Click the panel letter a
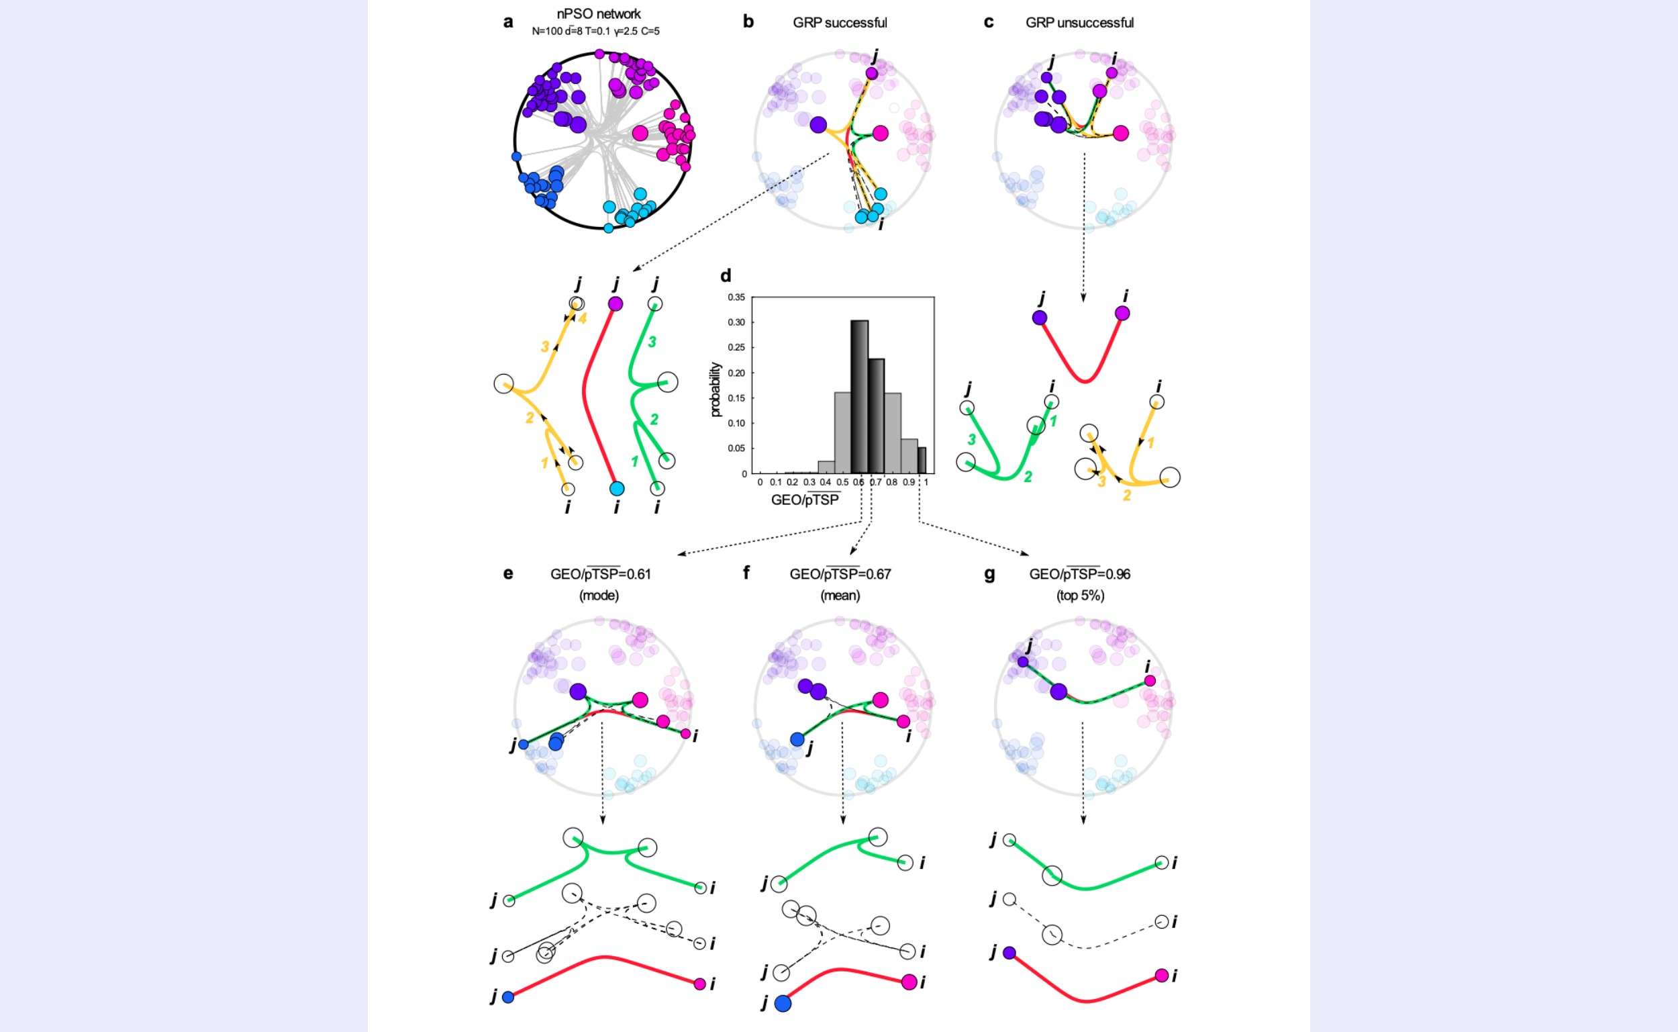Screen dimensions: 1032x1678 (x=508, y=22)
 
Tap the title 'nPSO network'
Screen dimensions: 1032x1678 (x=598, y=13)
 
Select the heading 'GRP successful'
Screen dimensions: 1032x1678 (x=840, y=23)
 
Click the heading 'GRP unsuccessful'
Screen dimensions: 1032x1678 (x=1079, y=23)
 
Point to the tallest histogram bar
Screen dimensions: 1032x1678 (x=859, y=396)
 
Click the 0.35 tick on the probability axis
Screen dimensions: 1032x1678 (x=736, y=297)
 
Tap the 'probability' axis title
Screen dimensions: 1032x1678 (x=715, y=389)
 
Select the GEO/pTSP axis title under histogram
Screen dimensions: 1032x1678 (x=805, y=500)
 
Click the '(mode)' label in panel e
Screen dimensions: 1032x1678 (x=599, y=595)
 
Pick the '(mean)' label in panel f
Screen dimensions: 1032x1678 (x=840, y=595)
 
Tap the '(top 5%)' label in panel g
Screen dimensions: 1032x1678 (x=1081, y=595)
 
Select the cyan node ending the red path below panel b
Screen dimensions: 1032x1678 (x=617, y=489)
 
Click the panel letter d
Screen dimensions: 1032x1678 (x=726, y=276)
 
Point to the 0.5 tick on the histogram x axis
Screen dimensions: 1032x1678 (x=842, y=482)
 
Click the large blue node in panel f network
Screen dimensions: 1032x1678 (x=797, y=739)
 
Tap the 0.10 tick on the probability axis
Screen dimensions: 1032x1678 (x=736, y=423)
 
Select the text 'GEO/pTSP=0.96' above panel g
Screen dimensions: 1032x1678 (x=1079, y=574)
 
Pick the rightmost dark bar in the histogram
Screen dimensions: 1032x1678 (x=922, y=461)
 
